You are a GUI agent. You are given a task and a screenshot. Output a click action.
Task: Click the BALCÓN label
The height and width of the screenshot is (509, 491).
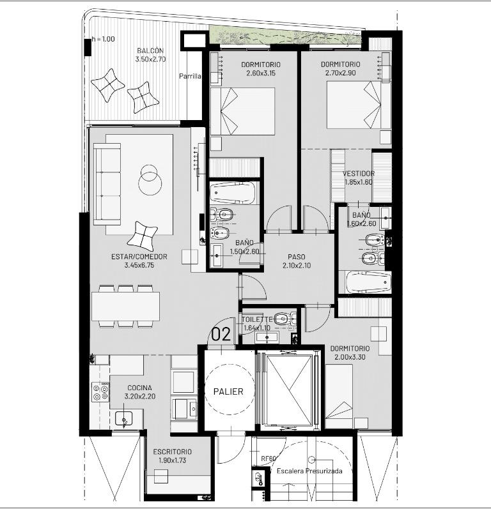pyautogui.click(x=150, y=50)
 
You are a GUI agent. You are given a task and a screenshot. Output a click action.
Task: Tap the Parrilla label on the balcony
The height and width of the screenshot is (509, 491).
pyautogui.click(x=190, y=76)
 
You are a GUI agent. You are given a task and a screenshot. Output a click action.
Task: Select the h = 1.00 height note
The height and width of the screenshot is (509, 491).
pyautogui.click(x=103, y=39)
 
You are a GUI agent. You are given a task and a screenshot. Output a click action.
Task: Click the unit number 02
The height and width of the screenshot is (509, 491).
pyautogui.click(x=221, y=334)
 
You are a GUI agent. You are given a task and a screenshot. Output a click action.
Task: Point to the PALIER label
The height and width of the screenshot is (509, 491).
pyautogui.click(x=228, y=391)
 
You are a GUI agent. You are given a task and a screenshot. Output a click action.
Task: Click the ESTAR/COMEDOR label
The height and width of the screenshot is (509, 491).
pyautogui.click(x=139, y=257)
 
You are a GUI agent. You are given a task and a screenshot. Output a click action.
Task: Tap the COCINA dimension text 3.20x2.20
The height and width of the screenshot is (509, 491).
pyautogui.click(x=140, y=397)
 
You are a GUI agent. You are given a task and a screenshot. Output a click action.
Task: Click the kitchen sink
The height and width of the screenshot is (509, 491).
pyautogui.click(x=124, y=418)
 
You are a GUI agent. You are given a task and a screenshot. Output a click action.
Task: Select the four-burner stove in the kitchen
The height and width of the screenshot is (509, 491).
pyautogui.click(x=100, y=392)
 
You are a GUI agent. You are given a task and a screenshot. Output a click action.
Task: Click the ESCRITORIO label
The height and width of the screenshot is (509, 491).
pyautogui.click(x=172, y=452)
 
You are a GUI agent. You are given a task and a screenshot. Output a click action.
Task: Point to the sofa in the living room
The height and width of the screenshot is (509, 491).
pyautogui.click(x=107, y=184)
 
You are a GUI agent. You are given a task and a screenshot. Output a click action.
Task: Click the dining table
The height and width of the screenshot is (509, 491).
pyautogui.click(x=125, y=306)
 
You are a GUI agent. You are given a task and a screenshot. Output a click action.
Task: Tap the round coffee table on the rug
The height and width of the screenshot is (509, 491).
pyautogui.click(x=150, y=181)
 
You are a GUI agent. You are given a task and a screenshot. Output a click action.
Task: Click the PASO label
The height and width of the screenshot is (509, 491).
pyautogui.click(x=297, y=257)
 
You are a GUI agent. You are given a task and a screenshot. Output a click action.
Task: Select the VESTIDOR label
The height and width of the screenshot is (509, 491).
pyautogui.click(x=359, y=174)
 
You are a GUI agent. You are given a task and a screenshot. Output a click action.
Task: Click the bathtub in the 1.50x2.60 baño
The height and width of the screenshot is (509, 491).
pyautogui.click(x=233, y=192)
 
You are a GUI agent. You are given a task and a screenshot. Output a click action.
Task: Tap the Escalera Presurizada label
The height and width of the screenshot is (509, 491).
pyautogui.click(x=309, y=471)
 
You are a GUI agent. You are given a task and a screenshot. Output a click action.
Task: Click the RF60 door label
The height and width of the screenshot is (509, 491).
pyautogui.click(x=269, y=459)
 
